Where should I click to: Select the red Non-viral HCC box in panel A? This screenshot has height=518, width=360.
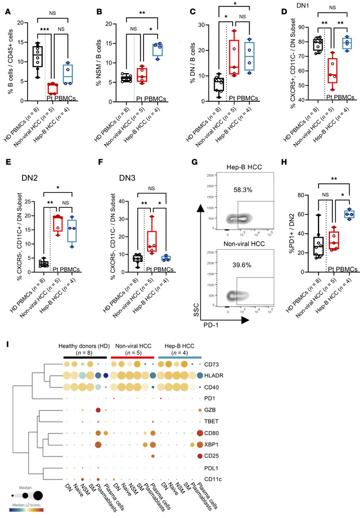pos(52,88)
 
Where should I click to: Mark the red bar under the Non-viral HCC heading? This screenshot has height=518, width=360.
pos(132,373)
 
